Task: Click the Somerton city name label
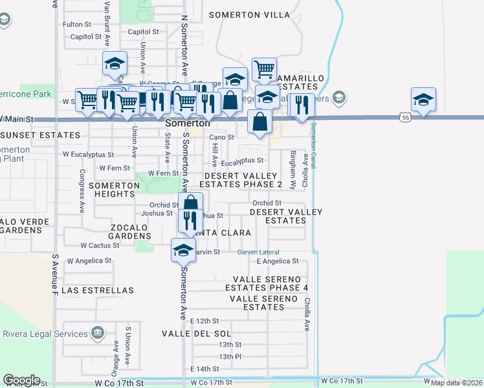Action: [187, 123]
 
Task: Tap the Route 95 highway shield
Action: [405, 117]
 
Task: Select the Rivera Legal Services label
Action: [45, 334]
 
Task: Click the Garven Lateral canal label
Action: [258, 252]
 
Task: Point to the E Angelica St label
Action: [277, 261]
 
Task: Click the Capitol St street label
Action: [143, 31]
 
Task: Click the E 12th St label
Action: [206, 321]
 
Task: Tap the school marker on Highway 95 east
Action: [423, 99]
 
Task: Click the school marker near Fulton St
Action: [115, 63]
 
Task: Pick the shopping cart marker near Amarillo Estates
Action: [264, 69]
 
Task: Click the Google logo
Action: [21, 380]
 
